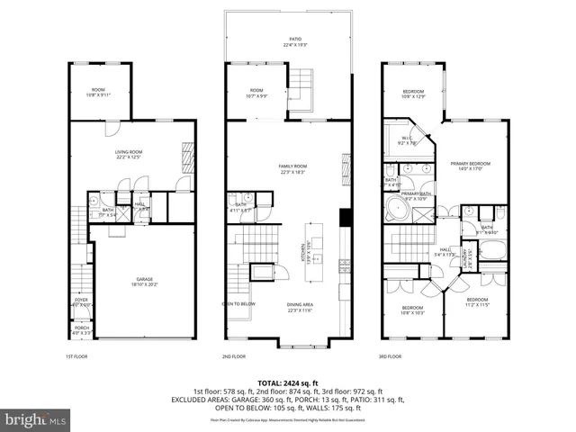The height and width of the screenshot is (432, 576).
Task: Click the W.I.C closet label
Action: pos(405,139)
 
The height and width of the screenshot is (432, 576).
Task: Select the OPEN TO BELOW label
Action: pos(238,304)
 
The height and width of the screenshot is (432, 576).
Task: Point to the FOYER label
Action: pos(81,301)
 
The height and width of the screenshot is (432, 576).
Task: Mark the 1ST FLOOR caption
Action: pos(76,356)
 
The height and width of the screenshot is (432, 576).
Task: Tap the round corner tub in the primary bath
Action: pos(398,212)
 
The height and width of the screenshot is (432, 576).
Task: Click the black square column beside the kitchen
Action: pos(344,219)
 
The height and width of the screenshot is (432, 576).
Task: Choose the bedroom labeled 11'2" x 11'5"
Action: pos(476,301)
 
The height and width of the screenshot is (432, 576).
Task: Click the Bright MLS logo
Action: pos(35,419)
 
